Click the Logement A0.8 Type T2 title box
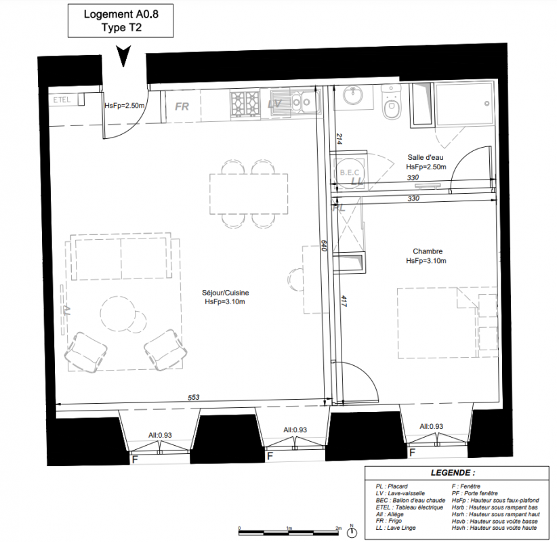(x=121, y=20)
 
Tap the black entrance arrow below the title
(x=123, y=56)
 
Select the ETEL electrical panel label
(x=62, y=100)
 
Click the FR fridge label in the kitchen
(x=182, y=106)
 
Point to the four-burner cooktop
(x=245, y=104)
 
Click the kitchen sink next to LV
(x=295, y=103)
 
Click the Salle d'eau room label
(x=426, y=157)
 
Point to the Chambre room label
(x=428, y=251)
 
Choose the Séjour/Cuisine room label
(x=225, y=293)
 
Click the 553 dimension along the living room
(x=194, y=398)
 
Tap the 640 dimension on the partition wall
(x=324, y=245)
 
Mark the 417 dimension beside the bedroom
(x=344, y=301)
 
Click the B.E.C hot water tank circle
(x=350, y=173)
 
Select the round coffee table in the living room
(x=118, y=314)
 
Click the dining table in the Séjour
(x=249, y=194)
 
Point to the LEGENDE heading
(x=453, y=473)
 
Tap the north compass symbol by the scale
(x=352, y=532)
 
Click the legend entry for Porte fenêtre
(x=474, y=493)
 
